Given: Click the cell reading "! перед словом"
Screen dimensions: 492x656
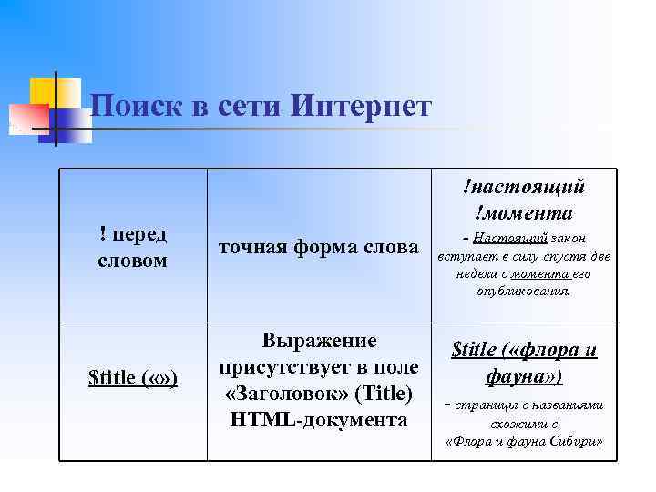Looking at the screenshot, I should pos(133,247).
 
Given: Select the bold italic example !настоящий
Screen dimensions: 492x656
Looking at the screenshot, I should pos(523,187).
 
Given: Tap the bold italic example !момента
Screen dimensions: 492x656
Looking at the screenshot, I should pos(523,213).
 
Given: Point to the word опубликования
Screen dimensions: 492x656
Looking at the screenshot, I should pos(523,292).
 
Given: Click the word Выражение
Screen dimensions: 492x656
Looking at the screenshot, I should pos(319,341).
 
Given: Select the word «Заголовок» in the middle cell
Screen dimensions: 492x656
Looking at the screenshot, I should pos(277,394).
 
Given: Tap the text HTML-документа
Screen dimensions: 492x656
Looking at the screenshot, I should pos(319,420).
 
